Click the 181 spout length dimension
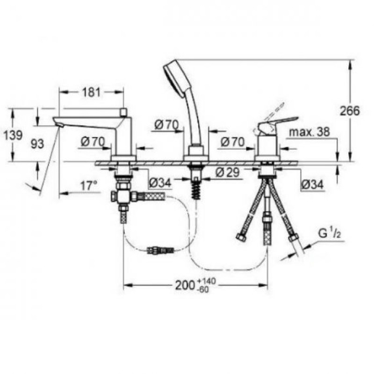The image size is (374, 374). tap(91, 92)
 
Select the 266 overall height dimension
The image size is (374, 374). tap(350, 111)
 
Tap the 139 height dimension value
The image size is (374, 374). tap(13, 135)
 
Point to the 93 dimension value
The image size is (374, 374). tap(37, 144)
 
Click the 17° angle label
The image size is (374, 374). tap(89, 186)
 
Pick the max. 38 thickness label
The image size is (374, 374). tap(309, 132)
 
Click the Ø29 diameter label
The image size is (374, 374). tap(227, 172)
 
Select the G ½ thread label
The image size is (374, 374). tap(330, 234)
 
